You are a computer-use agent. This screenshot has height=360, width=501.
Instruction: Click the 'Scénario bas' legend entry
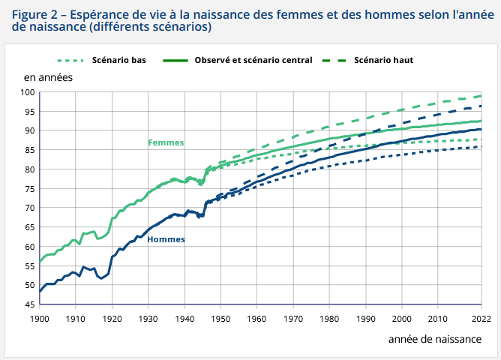click(118, 60)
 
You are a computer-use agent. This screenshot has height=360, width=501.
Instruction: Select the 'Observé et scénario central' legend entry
click(253, 60)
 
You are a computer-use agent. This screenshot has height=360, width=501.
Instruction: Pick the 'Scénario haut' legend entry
click(383, 60)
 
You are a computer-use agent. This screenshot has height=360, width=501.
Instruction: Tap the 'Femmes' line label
click(166, 142)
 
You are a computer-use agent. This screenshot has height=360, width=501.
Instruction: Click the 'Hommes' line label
click(166, 240)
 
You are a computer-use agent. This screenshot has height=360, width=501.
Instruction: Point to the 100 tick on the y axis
click(28, 92)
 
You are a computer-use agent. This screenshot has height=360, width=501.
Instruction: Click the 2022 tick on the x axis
click(481, 317)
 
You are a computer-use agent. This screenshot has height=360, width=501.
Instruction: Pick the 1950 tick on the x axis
click(220, 317)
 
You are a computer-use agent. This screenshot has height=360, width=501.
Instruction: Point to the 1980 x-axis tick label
click(329, 317)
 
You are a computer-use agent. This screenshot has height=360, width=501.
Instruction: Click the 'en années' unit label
click(48, 77)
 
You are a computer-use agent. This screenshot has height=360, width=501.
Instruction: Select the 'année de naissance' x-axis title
click(435, 339)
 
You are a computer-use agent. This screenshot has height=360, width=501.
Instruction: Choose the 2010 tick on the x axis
click(438, 317)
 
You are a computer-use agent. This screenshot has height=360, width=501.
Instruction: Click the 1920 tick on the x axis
click(112, 317)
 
